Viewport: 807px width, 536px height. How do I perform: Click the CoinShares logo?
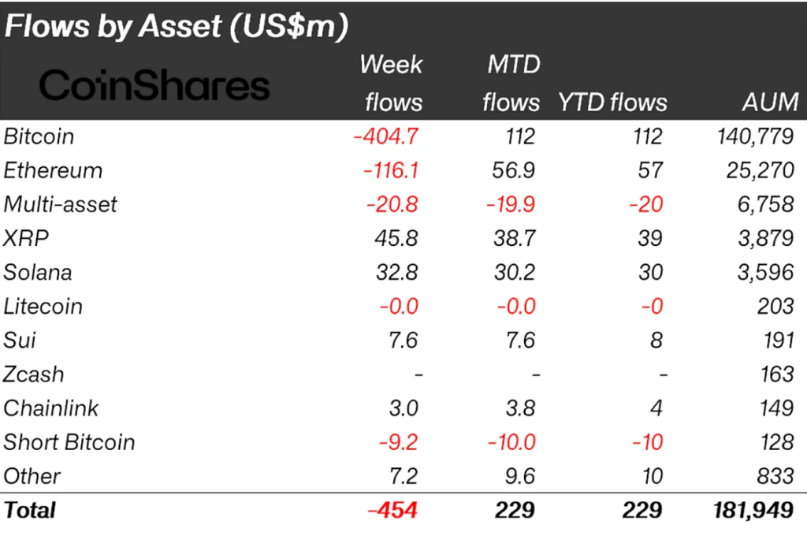pyautogui.click(x=154, y=86)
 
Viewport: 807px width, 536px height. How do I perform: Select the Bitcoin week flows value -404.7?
pyautogui.click(x=385, y=136)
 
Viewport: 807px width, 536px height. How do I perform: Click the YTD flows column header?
pyautogui.click(x=612, y=102)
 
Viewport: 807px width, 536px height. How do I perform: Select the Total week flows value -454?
pyautogui.click(x=392, y=510)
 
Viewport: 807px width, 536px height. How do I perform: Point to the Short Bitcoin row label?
pyautogui.click(x=69, y=441)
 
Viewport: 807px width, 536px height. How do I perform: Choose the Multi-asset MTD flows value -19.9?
pyautogui.click(x=511, y=204)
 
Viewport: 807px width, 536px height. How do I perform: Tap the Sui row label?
pyautogui.click(x=20, y=340)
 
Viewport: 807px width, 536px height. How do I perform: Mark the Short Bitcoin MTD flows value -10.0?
pyautogui.click(x=511, y=441)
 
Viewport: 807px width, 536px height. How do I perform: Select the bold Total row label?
pyautogui.click(x=30, y=510)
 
